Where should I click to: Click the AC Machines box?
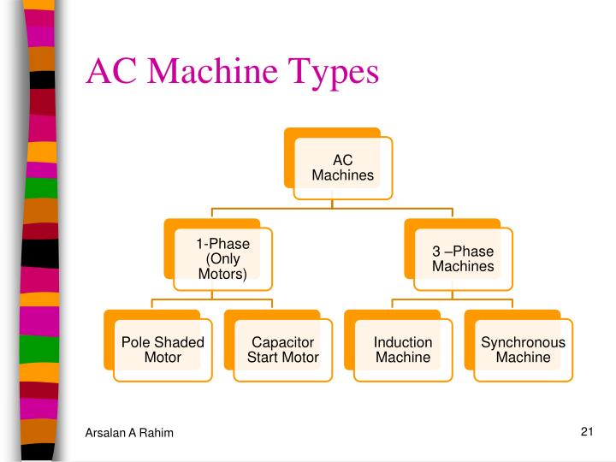[x=342, y=167]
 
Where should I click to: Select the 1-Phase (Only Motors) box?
[x=222, y=258]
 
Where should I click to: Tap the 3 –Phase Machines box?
[x=463, y=258]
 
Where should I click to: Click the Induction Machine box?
[x=403, y=349]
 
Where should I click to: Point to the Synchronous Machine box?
[x=523, y=349]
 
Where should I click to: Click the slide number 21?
[x=586, y=431]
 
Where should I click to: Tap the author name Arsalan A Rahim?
[x=129, y=434]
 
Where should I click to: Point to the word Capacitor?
[x=282, y=342]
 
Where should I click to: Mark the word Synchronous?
[x=523, y=342]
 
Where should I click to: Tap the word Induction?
[x=403, y=342]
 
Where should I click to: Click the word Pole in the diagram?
[x=137, y=342]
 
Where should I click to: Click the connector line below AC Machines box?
[x=332, y=207]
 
